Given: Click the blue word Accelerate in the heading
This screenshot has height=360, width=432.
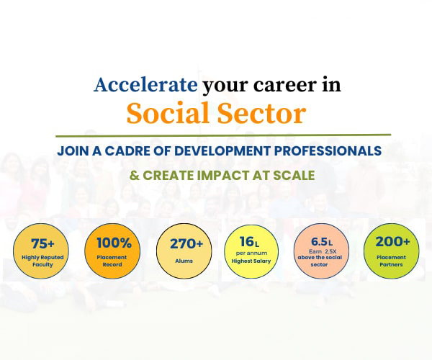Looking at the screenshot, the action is click(145, 84).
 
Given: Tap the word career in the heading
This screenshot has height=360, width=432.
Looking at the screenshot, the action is click(285, 86).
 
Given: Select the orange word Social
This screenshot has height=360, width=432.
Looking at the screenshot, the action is click(168, 113).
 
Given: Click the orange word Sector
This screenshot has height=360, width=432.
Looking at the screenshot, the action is click(262, 113).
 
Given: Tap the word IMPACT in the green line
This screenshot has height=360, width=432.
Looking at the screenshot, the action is click(223, 176).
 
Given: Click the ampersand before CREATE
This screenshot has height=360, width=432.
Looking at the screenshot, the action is click(134, 176).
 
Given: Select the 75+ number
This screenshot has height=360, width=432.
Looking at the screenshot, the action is click(42, 243).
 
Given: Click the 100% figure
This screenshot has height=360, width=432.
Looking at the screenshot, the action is click(114, 243).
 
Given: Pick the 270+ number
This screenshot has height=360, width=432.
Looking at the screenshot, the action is click(186, 244).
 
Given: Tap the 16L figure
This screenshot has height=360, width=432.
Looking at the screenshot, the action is click(249, 242).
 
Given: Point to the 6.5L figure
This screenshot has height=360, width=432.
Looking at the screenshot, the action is click(322, 242).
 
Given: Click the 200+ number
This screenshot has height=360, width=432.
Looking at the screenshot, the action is click(392, 242).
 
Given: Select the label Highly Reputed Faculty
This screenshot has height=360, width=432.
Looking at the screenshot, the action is click(42, 261).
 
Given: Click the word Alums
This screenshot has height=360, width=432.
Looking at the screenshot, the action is click(184, 261).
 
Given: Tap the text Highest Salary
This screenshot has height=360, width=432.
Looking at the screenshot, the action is click(251, 261).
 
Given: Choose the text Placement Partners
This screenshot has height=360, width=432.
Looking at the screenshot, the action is click(391, 261).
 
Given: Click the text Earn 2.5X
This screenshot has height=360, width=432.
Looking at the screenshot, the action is click(323, 251).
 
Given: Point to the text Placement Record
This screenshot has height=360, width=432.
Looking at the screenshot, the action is click(112, 261).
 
